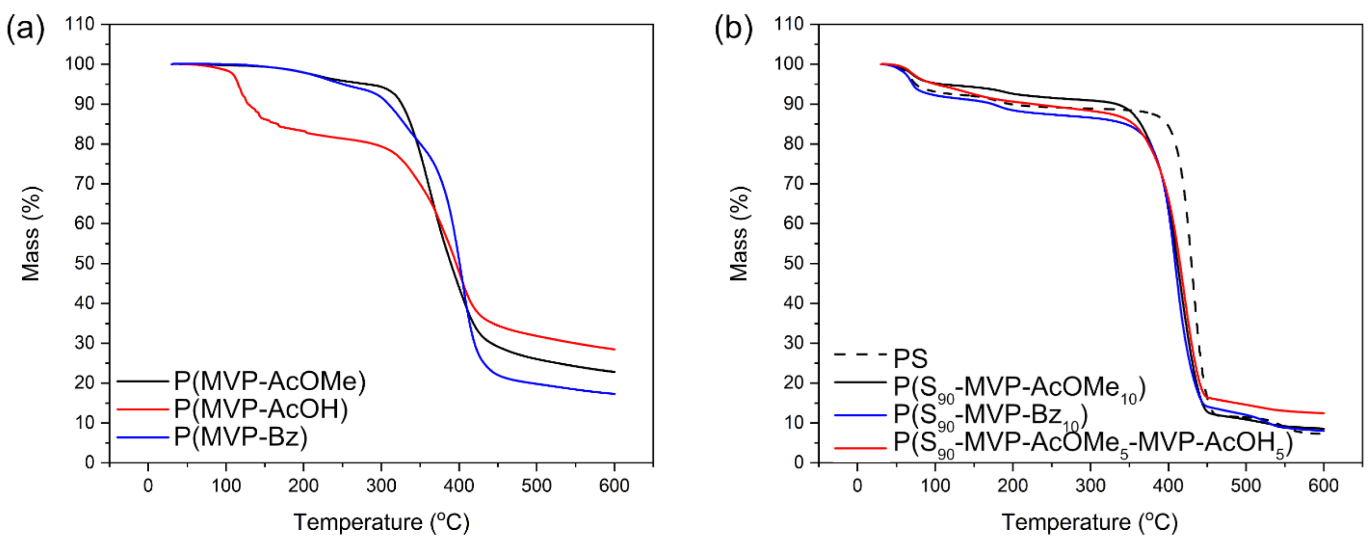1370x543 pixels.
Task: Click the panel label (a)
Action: tap(25, 29)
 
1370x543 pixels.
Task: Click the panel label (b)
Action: tap(734, 29)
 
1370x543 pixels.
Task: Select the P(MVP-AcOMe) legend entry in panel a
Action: tap(270, 381)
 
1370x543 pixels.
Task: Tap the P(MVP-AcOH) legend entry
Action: tap(261, 409)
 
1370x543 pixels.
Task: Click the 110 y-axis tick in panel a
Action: tap(79, 24)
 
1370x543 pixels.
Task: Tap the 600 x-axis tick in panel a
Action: tap(614, 486)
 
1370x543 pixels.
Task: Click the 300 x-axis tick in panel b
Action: tap(1090, 486)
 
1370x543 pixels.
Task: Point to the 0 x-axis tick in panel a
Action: tap(148, 486)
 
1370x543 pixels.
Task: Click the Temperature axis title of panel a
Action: tap(381, 522)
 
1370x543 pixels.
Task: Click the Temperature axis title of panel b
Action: tap(1090, 522)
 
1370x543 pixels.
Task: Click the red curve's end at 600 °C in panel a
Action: tap(614, 349)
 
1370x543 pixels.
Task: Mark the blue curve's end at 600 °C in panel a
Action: tap(614, 394)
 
